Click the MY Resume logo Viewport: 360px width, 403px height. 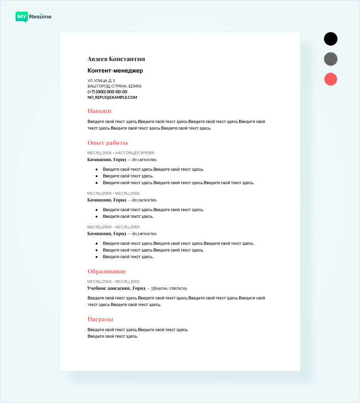tap(33, 17)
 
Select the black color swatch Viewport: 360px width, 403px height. tap(331, 39)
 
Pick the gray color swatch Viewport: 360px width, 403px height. tap(331, 59)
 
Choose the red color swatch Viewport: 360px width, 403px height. tap(331, 79)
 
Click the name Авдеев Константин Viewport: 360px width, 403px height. tap(116, 59)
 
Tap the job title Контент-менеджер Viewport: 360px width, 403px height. tap(115, 71)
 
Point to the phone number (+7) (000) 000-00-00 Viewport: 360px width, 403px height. tap(108, 92)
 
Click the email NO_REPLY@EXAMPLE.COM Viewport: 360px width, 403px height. tap(112, 97)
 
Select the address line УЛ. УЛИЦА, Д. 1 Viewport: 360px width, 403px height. tap(101, 81)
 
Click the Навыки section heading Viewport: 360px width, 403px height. tap(99, 111)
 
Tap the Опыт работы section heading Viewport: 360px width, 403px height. tap(108, 142)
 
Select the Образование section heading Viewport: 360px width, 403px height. tap(107, 271)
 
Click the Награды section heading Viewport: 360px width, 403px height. tap(100, 319)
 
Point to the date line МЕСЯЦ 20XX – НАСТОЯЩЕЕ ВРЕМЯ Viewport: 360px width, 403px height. tap(121, 153)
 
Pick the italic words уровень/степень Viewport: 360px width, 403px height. tap(169, 288)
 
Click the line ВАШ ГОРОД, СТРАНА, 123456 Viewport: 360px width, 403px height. tap(114, 86)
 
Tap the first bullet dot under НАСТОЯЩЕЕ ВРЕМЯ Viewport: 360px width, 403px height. tap(96, 169)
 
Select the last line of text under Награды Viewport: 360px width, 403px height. tap(113, 336)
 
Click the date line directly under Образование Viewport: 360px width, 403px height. tap(113, 282)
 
